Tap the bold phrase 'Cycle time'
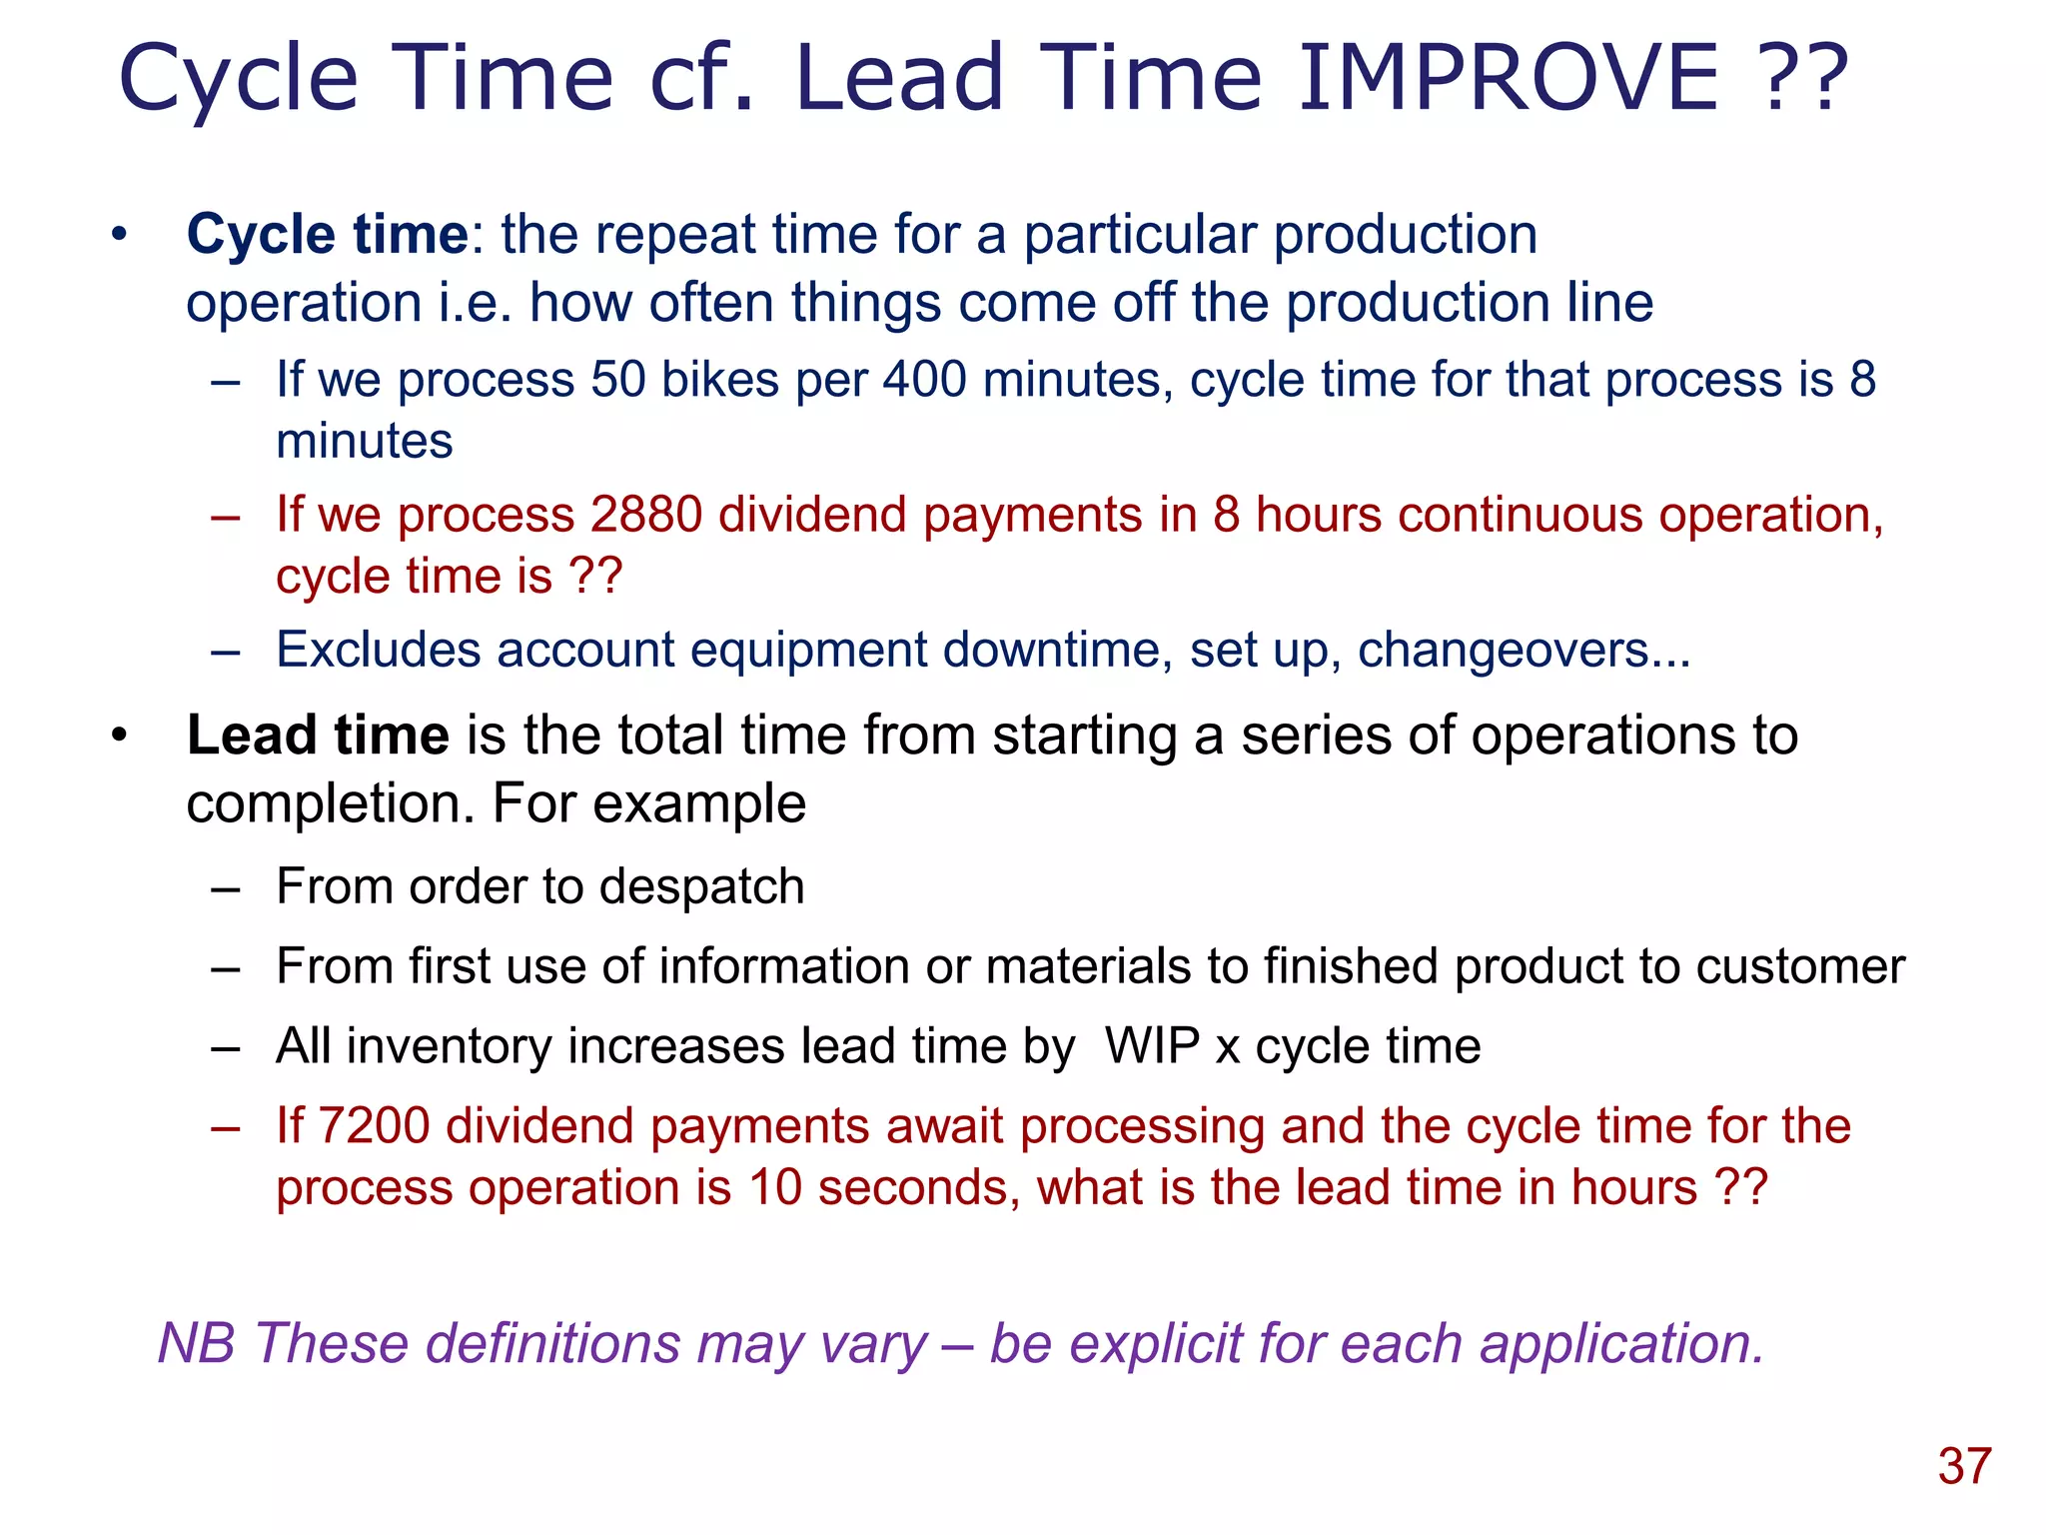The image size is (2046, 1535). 327,235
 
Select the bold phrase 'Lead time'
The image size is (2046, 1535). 318,736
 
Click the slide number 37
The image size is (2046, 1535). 1964,1467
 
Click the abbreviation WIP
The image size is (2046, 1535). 1152,1046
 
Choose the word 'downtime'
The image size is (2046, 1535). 1059,651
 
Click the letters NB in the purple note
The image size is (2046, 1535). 197,1343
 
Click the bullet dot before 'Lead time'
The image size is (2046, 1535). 120,736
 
